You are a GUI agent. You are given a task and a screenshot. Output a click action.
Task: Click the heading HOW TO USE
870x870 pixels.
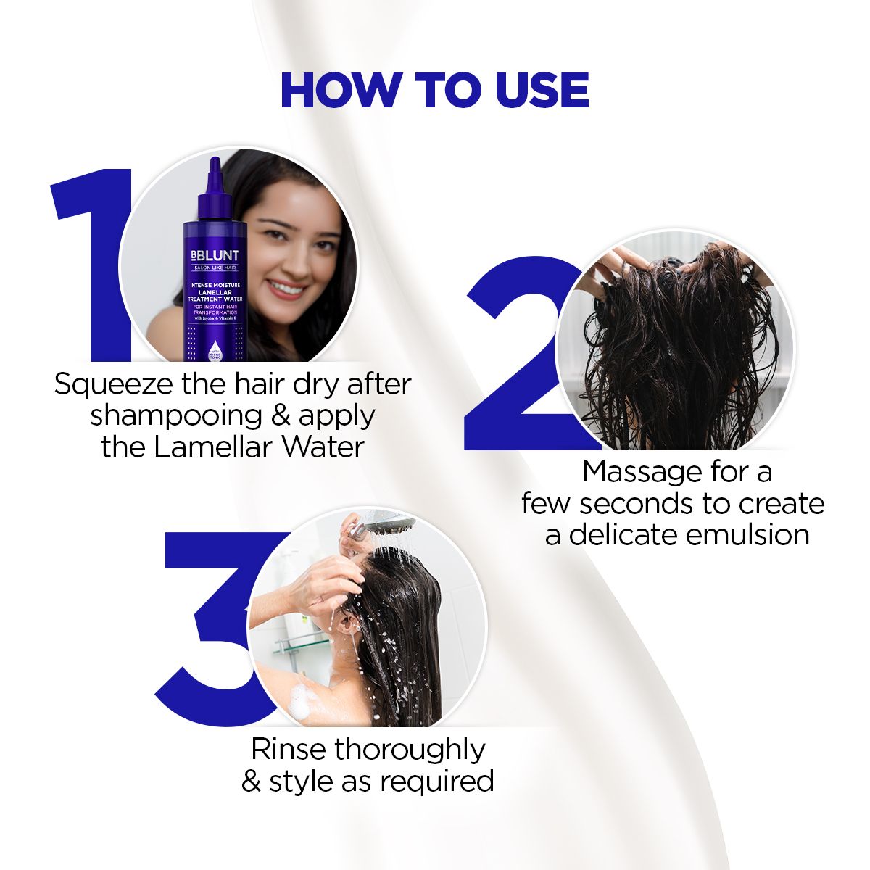pyautogui.click(x=434, y=91)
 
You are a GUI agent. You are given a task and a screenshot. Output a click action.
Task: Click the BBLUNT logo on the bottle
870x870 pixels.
pyautogui.click(x=214, y=256)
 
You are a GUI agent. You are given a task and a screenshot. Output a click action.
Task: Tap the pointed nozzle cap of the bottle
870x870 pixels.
pyautogui.click(x=215, y=174)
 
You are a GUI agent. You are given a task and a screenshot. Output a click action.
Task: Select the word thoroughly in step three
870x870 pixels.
pyautogui.click(x=410, y=750)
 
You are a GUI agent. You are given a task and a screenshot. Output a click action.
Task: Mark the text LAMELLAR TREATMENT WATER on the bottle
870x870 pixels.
pyautogui.click(x=214, y=295)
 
